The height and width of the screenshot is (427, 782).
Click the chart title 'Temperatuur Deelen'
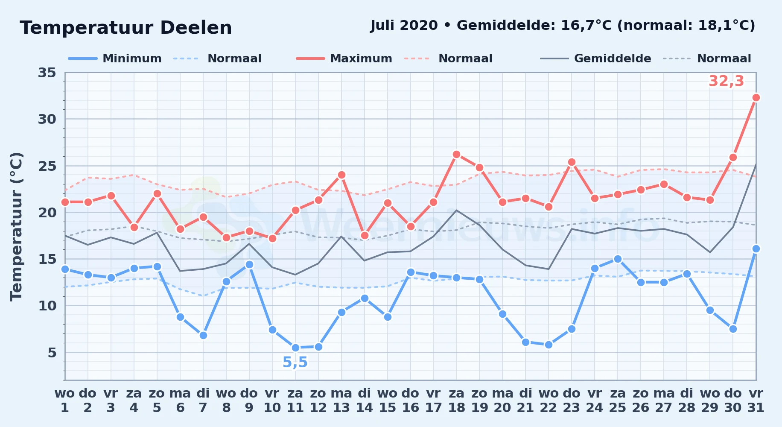click(126, 28)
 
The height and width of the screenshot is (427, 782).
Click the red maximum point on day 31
click(756, 98)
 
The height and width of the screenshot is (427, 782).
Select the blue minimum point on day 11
click(295, 348)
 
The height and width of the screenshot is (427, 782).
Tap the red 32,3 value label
click(726, 81)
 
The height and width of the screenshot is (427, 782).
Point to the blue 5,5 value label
click(295, 363)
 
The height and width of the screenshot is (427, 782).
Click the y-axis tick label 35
click(47, 73)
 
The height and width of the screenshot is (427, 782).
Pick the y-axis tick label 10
click(47, 306)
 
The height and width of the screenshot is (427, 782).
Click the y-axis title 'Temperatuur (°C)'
click(16, 226)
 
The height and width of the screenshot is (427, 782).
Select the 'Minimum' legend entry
click(115, 58)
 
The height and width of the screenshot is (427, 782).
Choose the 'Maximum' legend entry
click(344, 58)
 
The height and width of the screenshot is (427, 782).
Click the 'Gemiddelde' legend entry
click(596, 58)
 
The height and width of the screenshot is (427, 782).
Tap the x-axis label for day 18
click(456, 401)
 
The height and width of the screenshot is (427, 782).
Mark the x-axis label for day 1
click(65, 401)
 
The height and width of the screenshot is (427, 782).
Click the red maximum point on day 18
click(456, 155)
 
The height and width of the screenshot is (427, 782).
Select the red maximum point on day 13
click(341, 175)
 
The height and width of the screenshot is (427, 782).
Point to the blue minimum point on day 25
click(618, 259)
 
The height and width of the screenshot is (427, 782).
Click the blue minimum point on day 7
click(203, 336)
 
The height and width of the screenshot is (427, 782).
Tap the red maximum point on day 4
click(134, 227)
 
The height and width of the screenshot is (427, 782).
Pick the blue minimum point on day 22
click(549, 345)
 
